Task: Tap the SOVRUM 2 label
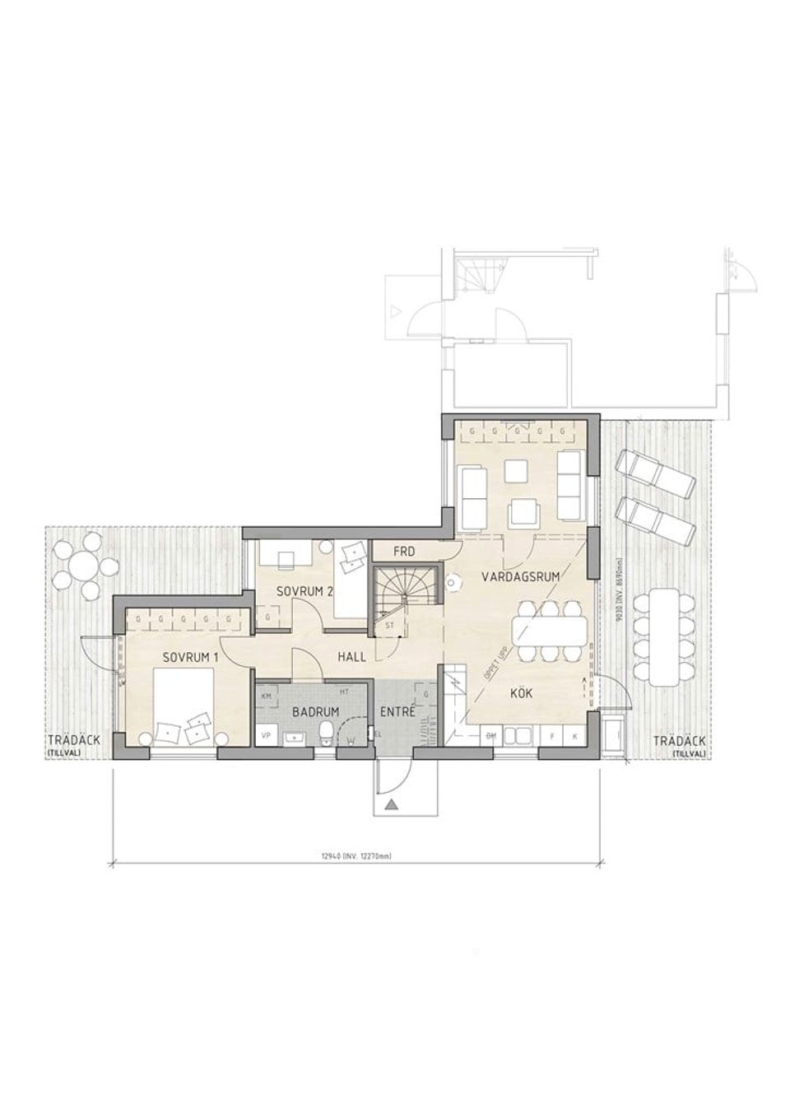304,591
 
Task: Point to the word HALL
351,657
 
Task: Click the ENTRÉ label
397,710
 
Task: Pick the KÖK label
521,693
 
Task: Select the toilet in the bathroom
327,732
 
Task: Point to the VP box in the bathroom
266,734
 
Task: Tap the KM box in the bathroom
266,696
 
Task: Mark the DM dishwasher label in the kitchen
492,734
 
